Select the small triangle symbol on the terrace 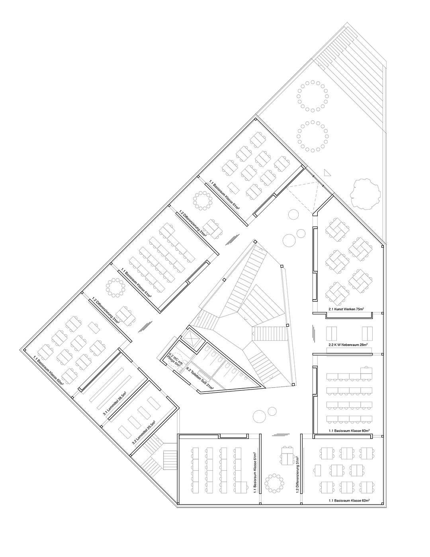click(x=327, y=173)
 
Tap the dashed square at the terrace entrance click(x=304, y=197)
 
